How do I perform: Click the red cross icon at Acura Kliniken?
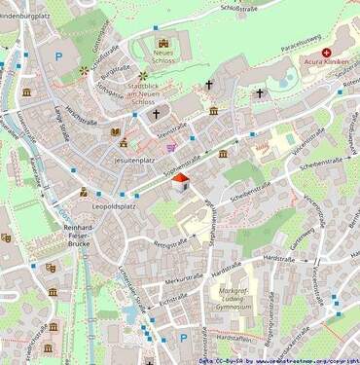(x=326, y=52)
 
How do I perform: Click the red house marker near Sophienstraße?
(x=180, y=182)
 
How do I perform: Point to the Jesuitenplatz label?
(x=135, y=159)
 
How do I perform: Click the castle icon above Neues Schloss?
(x=162, y=43)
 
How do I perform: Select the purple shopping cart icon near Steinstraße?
(x=172, y=148)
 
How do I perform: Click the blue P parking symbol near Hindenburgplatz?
(x=58, y=56)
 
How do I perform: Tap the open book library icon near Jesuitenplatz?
(x=115, y=131)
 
